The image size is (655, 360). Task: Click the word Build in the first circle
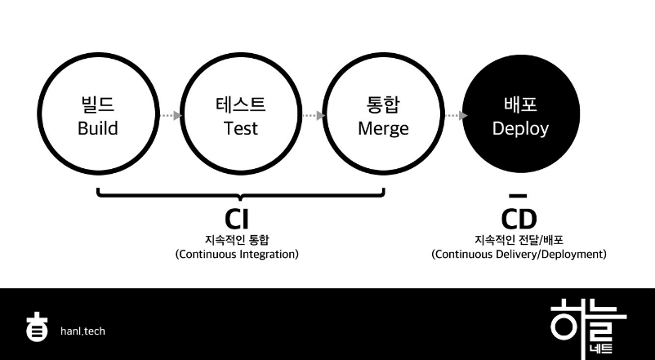point(98,128)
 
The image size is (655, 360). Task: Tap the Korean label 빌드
point(98,105)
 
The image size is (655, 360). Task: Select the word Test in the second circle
point(241,128)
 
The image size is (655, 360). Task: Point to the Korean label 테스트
point(241,105)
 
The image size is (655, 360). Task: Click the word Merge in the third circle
point(383,128)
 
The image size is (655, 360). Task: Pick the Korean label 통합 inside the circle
point(383,105)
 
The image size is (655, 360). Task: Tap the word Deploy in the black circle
point(520,128)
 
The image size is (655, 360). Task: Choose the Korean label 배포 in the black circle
point(520,105)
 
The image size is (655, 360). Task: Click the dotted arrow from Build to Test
point(169,116)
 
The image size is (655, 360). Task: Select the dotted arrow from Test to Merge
point(312,116)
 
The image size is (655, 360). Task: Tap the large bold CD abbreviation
point(519,219)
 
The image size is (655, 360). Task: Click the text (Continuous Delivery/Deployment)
point(519,254)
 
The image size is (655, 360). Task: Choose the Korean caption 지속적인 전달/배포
point(519,239)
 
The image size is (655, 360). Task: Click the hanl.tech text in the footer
point(82,331)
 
